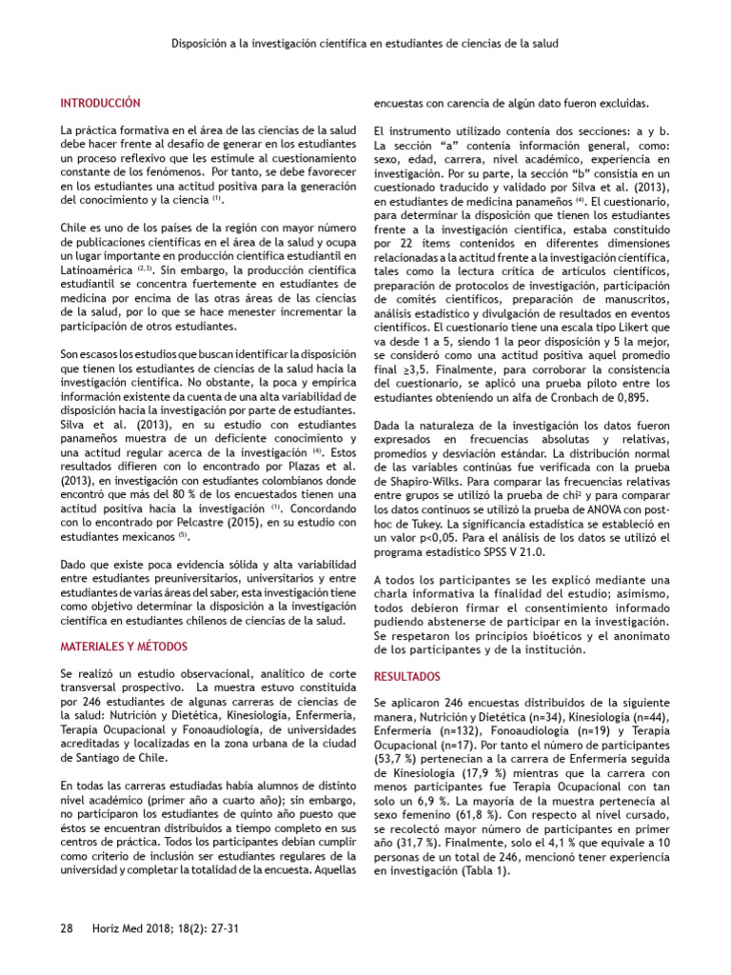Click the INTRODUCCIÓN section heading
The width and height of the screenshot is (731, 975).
coord(100,103)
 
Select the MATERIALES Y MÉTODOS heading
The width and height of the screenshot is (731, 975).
coord(123,646)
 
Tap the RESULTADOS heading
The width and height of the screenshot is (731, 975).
coord(406,677)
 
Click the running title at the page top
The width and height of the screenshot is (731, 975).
coord(365,44)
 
